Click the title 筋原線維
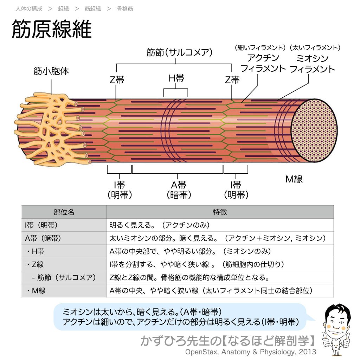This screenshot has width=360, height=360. [x=52, y=30]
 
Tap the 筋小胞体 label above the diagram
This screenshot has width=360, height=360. [x=51, y=71]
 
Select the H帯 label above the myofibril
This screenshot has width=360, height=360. [x=176, y=78]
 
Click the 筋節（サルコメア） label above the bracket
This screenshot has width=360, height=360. [x=180, y=53]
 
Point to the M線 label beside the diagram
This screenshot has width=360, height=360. [x=294, y=179]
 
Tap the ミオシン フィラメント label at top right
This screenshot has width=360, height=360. [x=313, y=64]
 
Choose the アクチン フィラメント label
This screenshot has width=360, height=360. [x=263, y=64]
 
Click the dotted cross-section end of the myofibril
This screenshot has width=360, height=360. [x=314, y=130]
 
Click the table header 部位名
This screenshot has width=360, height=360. [x=64, y=212]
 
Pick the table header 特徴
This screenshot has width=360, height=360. [x=220, y=212]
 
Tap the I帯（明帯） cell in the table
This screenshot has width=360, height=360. [x=41, y=225]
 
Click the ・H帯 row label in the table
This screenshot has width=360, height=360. [x=35, y=251]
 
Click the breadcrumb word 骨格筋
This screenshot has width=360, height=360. [x=125, y=9]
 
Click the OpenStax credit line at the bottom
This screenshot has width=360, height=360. [x=251, y=352]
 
